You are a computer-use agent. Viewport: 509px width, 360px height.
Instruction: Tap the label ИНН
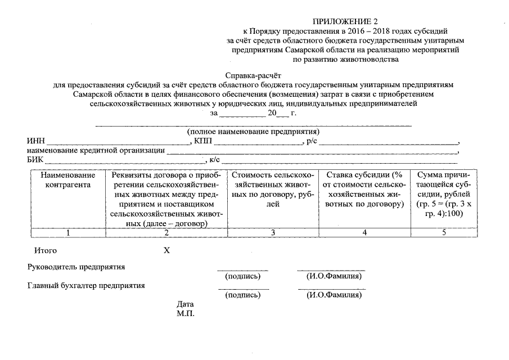(35, 141)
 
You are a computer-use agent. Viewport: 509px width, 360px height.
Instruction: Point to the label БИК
(35, 160)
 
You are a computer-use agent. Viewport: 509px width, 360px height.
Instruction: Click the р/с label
(311, 141)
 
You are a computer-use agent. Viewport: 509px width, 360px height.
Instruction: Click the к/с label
(215, 160)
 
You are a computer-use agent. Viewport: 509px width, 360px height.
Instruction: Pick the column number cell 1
(68, 232)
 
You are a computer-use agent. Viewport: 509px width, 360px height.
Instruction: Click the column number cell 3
(272, 232)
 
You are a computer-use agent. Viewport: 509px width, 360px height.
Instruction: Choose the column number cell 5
(444, 232)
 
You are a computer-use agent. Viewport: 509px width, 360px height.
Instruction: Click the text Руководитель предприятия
(76, 267)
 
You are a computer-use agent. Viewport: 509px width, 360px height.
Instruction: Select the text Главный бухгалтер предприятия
(86, 285)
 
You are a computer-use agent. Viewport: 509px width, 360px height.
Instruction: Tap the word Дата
(185, 304)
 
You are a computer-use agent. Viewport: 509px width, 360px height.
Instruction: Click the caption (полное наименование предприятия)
(253, 132)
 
